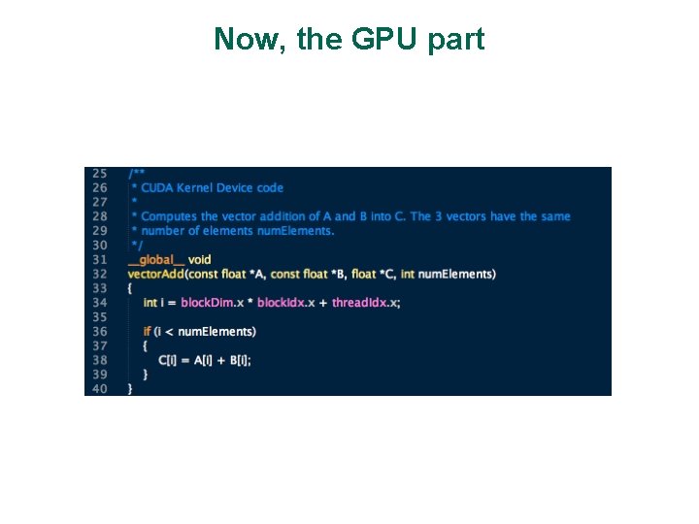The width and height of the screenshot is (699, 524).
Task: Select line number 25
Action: coord(99,173)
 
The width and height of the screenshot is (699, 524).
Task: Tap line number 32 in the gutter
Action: coord(99,274)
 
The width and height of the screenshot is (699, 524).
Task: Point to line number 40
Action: coord(99,388)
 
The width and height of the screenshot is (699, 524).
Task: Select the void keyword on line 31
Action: coord(199,259)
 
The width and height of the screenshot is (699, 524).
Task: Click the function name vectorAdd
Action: coord(155,274)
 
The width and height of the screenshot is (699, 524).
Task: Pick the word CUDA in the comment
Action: coord(157,187)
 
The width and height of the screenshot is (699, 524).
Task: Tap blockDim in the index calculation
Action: coord(207,303)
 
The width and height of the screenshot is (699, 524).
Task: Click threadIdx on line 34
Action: coord(360,303)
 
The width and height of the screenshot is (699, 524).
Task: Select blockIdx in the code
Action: coord(281,303)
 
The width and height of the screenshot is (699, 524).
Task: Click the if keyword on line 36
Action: coord(147,331)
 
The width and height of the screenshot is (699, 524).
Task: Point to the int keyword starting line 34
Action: coord(150,303)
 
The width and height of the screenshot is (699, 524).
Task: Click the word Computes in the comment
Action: coord(168,216)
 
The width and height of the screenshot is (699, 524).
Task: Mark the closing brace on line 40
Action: coord(130,388)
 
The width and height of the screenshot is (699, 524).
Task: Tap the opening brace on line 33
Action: coord(130,288)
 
